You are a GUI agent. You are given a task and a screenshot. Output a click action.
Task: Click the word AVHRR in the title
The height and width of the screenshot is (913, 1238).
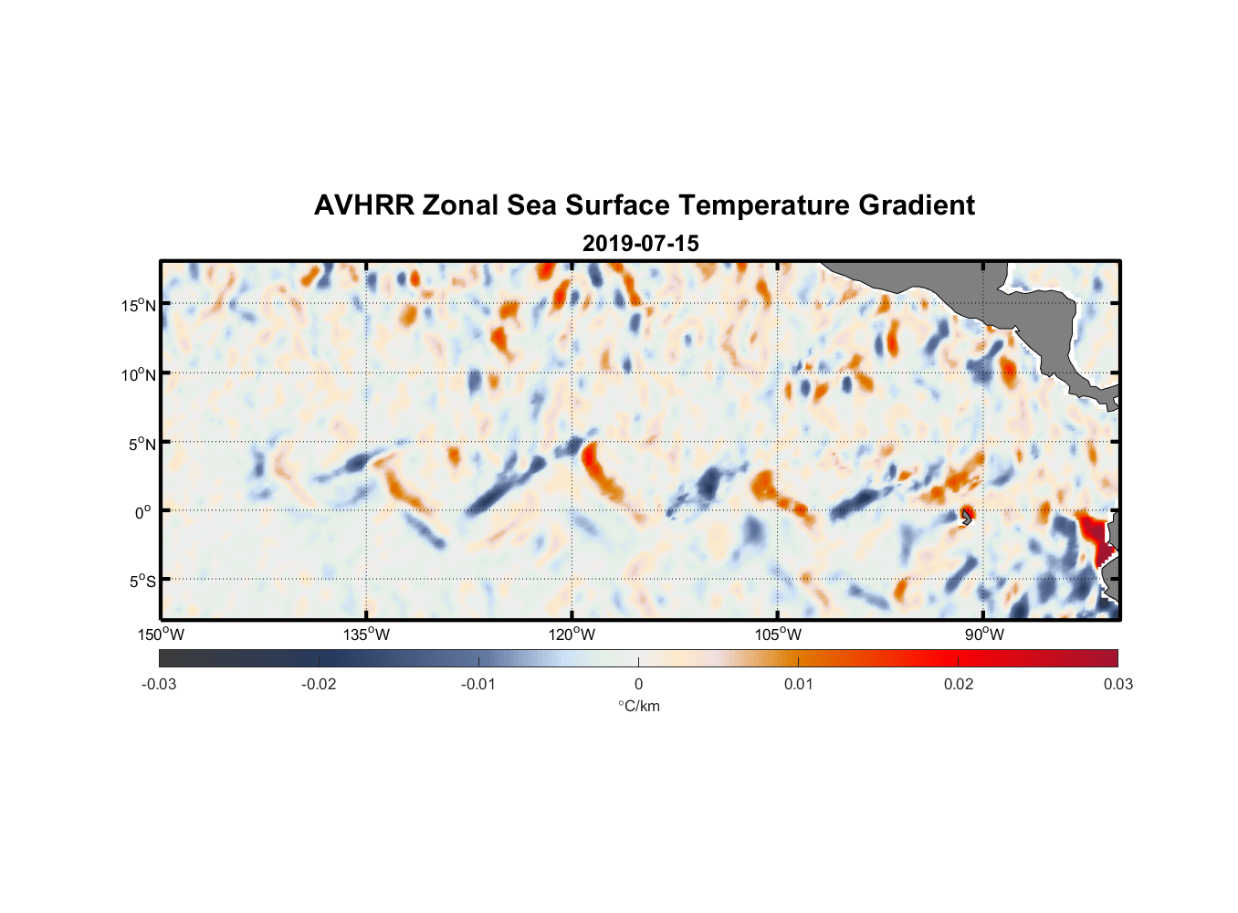click(x=363, y=205)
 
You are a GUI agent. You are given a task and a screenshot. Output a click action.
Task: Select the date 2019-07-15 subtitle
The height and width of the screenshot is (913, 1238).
click(x=640, y=244)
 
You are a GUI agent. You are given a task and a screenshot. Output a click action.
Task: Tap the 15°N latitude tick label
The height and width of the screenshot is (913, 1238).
click(x=139, y=305)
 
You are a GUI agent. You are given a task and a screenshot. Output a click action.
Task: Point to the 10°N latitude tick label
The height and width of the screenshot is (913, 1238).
click(x=139, y=374)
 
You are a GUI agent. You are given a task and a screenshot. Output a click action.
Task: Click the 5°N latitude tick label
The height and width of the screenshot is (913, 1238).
click(x=142, y=444)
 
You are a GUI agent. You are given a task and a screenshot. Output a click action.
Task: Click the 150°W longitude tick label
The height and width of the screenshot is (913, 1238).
click(x=162, y=635)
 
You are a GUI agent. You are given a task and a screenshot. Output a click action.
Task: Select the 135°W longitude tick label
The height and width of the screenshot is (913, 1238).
click(x=367, y=635)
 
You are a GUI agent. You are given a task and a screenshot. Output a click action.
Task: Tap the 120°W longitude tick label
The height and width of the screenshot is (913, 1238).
click(x=572, y=635)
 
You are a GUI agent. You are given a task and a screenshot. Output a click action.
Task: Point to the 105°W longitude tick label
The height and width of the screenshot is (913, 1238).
click(x=778, y=635)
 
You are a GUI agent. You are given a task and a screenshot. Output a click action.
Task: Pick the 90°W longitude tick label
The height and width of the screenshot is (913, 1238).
click(x=984, y=635)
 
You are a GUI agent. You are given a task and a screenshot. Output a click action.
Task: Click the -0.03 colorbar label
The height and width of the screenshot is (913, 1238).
click(x=159, y=684)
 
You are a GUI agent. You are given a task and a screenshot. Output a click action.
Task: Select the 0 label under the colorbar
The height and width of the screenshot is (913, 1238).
click(x=638, y=684)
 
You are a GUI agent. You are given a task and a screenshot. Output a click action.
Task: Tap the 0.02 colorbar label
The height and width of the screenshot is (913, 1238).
click(x=959, y=684)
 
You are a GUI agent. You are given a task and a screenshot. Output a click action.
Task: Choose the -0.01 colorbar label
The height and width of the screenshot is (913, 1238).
click(x=478, y=684)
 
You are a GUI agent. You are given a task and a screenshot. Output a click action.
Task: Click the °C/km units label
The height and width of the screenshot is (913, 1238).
click(x=638, y=706)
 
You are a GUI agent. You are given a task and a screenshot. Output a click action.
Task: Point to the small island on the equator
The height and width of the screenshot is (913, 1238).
click(x=967, y=516)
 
